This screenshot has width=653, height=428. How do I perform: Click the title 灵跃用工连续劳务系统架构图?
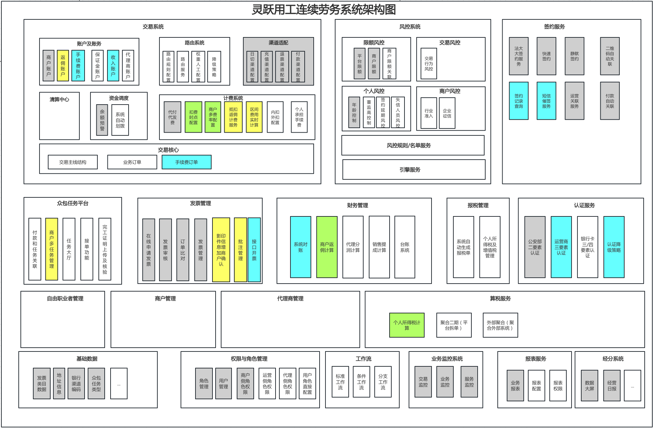click(x=323, y=9)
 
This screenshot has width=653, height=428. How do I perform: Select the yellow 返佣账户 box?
click(x=63, y=65)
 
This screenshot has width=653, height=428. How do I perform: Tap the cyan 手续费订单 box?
click(x=186, y=162)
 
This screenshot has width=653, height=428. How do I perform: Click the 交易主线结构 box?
click(x=73, y=162)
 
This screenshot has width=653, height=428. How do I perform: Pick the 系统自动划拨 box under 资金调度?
click(x=120, y=120)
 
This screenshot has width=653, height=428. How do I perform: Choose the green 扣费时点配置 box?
click(x=193, y=117)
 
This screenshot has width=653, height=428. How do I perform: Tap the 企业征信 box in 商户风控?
click(x=447, y=113)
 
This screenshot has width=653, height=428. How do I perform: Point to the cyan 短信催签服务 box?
click(x=546, y=101)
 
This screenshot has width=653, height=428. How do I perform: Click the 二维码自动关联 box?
click(x=610, y=56)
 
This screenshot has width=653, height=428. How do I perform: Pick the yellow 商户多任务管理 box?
click(x=52, y=249)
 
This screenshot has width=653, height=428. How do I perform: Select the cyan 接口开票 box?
click(x=254, y=250)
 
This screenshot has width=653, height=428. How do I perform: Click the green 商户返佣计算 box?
click(x=326, y=247)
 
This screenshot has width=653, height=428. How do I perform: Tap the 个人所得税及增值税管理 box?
click(x=490, y=247)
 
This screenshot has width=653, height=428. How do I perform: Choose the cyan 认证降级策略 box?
click(x=613, y=247)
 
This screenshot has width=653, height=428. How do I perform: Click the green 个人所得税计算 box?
click(x=407, y=325)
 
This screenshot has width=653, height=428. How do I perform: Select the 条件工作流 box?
click(x=362, y=382)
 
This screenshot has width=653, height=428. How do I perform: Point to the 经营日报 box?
click(x=612, y=385)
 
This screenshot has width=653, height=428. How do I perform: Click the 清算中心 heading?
click(x=59, y=100)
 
